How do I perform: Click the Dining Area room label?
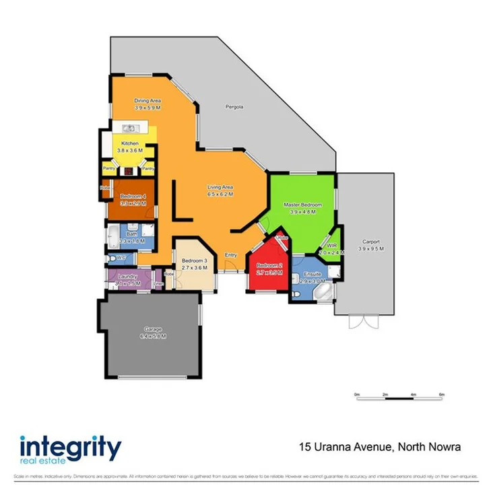147,100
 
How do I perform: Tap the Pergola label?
234,107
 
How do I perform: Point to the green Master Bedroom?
302,209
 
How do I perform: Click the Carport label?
370,242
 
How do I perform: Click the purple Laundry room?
128,279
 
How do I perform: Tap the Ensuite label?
313,274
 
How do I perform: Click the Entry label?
230,255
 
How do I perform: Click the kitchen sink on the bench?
130,129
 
